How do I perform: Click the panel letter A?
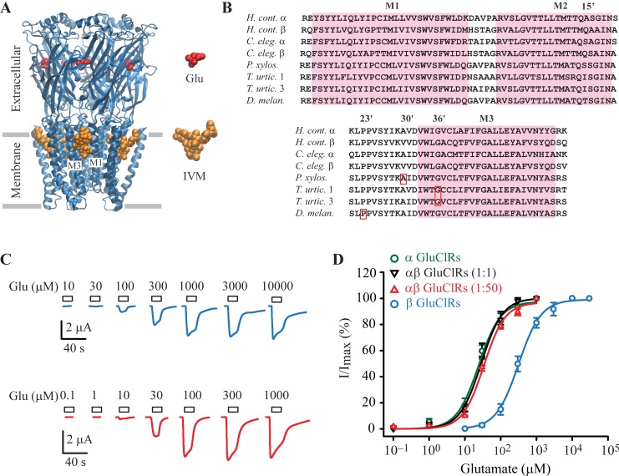tap(8, 8)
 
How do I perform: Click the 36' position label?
tap(439, 117)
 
